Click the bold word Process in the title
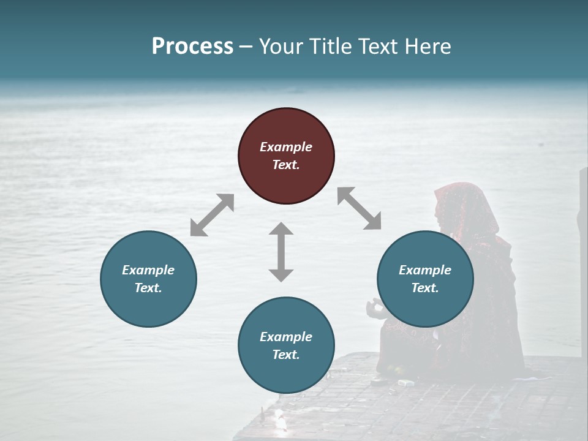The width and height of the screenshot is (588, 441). click(192, 47)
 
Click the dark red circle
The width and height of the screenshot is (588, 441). click(286, 156)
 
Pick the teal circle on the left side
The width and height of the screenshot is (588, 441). click(148, 279)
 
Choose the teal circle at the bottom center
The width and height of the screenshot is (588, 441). click(286, 345)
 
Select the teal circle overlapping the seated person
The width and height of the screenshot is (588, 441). click(425, 279)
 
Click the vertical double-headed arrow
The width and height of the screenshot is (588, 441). click(281, 252)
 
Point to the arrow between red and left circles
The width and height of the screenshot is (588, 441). click(212, 214)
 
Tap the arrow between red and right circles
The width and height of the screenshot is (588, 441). click(359, 208)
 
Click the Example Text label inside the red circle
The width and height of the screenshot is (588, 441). click(286, 156)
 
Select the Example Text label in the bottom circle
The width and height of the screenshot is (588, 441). click(286, 345)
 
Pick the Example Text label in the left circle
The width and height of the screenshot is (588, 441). click(148, 279)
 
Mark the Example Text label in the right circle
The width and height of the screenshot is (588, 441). click(425, 279)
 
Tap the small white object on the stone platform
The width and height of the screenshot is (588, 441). click(405, 383)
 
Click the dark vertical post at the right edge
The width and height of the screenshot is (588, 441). click(582, 208)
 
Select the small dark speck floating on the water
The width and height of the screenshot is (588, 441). click(540, 145)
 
